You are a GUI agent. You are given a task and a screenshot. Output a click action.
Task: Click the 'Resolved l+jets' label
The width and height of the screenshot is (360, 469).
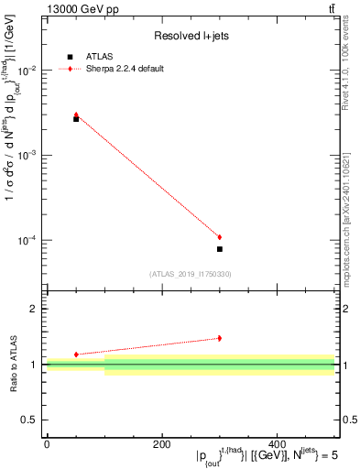[x=191, y=36]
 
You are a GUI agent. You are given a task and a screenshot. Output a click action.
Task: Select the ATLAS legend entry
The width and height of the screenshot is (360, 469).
[x=95, y=57]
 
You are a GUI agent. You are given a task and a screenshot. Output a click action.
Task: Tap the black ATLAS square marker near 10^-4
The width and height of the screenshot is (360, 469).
[x=220, y=249]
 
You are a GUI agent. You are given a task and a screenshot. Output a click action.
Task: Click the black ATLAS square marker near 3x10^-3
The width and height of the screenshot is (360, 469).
[x=76, y=119]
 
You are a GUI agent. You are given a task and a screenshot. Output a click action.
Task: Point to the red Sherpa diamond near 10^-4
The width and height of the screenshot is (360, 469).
[x=220, y=237]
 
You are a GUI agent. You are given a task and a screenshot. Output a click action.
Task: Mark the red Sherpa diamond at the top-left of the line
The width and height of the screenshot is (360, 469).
[x=76, y=115]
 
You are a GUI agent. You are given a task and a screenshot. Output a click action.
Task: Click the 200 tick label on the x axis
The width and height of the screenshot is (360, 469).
[x=161, y=444]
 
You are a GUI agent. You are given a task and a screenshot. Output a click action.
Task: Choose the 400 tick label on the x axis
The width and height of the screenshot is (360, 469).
[x=277, y=444]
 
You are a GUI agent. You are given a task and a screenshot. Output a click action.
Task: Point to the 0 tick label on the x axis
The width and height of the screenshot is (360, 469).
[x=47, y=444]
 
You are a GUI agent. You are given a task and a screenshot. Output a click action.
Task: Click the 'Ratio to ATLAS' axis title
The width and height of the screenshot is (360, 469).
[x=14, y=365]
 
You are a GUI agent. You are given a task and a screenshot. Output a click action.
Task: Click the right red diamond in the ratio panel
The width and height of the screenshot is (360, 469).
[x=220, y=338]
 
